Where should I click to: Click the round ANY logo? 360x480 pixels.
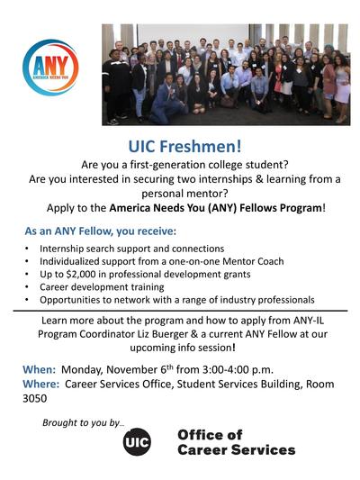50,68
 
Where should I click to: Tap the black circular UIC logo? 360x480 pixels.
137,442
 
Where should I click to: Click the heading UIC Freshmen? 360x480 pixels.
184,146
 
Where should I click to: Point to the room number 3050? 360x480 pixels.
34,399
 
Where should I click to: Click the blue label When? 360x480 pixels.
40,369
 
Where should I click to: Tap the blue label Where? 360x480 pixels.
41,384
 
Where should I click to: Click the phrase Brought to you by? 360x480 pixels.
84,422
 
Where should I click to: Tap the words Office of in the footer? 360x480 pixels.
210,435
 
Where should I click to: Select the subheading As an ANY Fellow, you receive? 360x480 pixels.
101,231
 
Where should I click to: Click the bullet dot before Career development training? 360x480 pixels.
27,287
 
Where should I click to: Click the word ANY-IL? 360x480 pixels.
309,321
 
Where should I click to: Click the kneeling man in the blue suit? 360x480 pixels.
167,98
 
